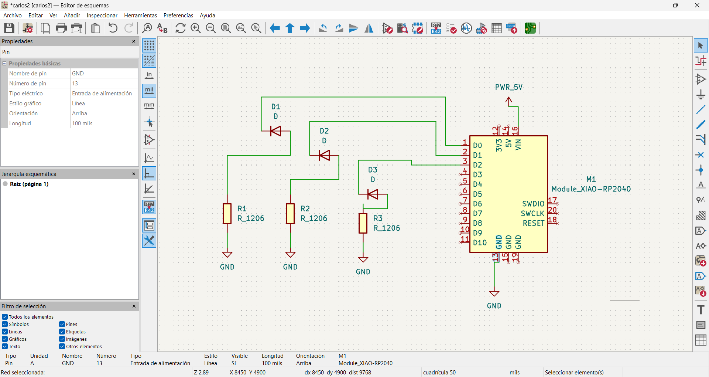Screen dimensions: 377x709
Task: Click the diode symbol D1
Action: (x=275, y=131)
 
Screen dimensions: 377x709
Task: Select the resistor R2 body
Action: (x=290, y=214)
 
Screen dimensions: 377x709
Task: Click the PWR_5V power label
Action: (x=508, y=87)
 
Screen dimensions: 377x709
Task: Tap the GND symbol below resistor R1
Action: (x=227, y=255)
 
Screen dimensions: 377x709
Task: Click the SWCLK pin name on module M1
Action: (x=532, y=214)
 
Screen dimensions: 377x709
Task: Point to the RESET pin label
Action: (x=533, y=223)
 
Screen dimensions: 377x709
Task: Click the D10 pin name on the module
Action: (x=480, y=243)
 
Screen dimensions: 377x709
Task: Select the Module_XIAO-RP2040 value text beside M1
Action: (x=591, y=189)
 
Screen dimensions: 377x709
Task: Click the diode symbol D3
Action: (x=373, y=194)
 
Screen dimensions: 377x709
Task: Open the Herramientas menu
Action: (x=140, y=16)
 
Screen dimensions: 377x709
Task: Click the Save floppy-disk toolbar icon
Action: (x=9, y=28)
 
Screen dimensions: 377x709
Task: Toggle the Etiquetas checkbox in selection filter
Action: (x=62, y=332)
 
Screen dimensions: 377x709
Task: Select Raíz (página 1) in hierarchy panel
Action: (x=29, y=184)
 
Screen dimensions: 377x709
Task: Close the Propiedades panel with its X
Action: (x=134, y=41)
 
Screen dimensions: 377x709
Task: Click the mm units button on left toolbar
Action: (x=149, y=106)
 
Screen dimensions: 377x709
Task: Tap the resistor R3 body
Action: (x=363, y=223)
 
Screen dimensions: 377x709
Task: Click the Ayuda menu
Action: (x=207, y=16)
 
